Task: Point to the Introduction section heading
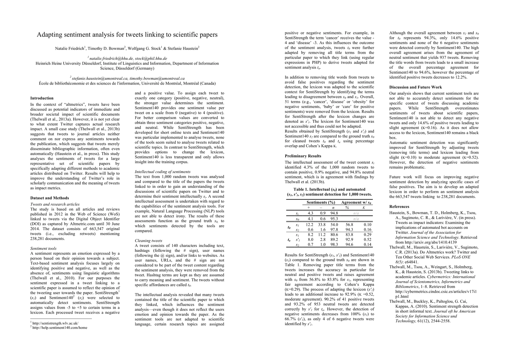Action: (42, 98)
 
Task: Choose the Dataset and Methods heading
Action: (50, 198)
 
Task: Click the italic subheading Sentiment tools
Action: (44, 248)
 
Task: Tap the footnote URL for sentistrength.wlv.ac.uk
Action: (55, 323)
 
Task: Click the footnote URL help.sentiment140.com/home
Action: (60, 328)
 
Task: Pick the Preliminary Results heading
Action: (303, 156)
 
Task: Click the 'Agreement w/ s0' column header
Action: (356, 202)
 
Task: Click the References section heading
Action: (399, 207)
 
